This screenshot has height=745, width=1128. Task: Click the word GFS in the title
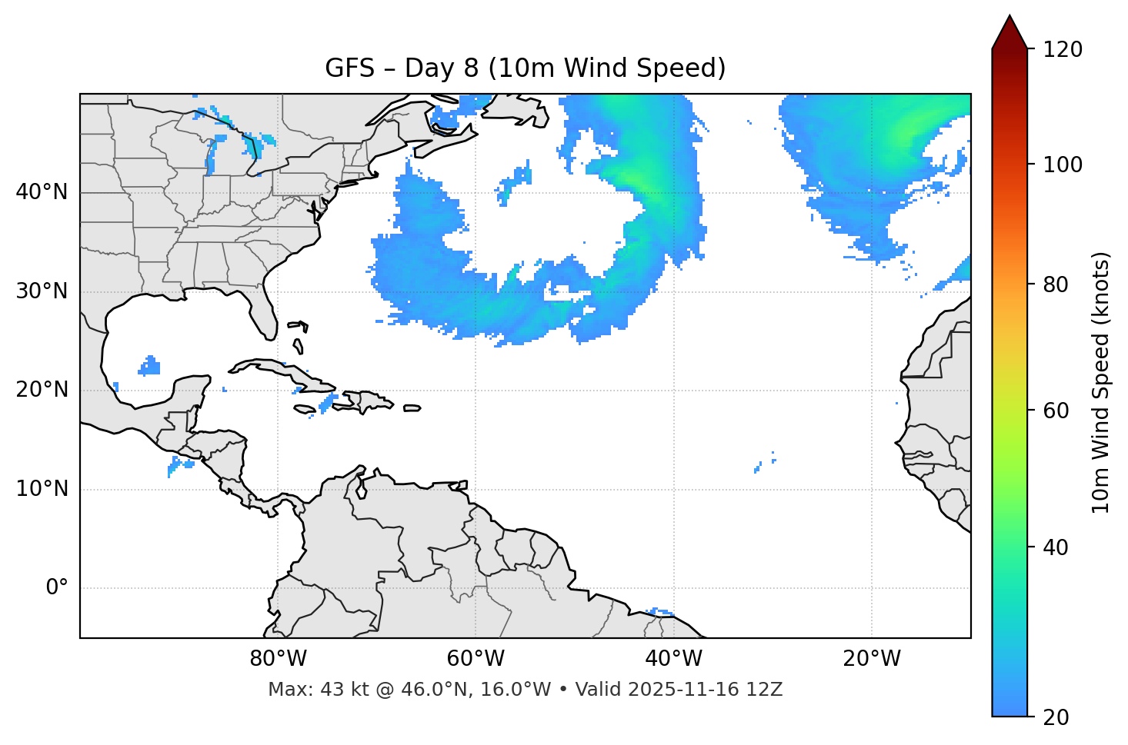[349, 68]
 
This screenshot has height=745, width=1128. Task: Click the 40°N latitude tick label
[42, 192]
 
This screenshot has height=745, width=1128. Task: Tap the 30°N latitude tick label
[42, 291]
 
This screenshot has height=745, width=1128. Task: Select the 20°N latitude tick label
[42, 390]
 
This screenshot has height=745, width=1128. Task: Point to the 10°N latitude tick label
[42, 489]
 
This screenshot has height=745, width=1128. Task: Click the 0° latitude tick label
[57, 588]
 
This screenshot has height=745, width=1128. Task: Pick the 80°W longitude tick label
[278, 659]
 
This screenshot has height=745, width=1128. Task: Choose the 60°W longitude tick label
[476, 659]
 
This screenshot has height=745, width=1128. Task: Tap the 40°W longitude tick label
[673, 659]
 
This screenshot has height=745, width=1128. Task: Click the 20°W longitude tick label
[871, 659]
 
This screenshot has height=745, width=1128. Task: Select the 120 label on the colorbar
[1063, 50]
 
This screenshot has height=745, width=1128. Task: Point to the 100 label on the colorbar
[1063, 165]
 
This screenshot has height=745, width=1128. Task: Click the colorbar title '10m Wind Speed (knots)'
[1101, 382]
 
